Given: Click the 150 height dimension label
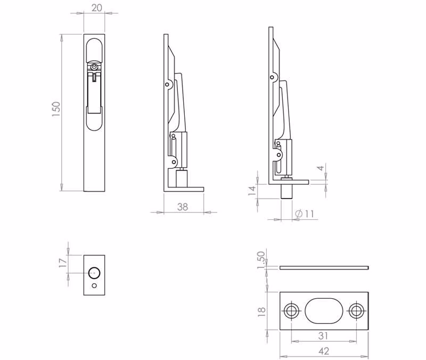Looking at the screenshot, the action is (x=56, y=109).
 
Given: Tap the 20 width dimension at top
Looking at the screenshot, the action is (x=97, y=8).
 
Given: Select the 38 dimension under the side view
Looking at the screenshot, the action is (x=183, y=207).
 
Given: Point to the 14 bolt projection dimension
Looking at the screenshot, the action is (x=252, y=191).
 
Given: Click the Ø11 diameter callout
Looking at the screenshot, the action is (x=305, y=214).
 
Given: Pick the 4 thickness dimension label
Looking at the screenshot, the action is (x=321, y=168).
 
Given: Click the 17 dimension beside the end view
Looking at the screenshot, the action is (x=62, y=263).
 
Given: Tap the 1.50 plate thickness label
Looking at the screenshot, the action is (x=260, y=260).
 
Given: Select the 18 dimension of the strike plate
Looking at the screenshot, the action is (x=261, y=312).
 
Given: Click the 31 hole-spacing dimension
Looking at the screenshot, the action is (x=323, y=336).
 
